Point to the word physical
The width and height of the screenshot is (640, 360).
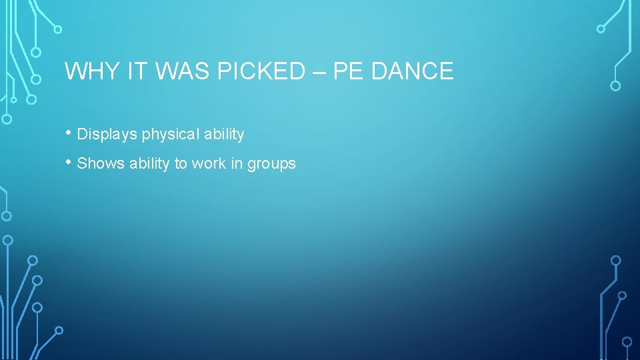(x=170, y=135)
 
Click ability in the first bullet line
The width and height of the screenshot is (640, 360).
(x=224, y=135)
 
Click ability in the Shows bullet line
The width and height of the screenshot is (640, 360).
(x=146, y=164)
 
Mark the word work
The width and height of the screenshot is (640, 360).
(x=208, y=163)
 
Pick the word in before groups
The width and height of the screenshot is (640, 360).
(x=236, y=163)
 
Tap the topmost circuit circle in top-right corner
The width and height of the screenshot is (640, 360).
(x=601, y=29)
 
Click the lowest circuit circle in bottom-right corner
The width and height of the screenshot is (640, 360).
(x=627, y=342)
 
